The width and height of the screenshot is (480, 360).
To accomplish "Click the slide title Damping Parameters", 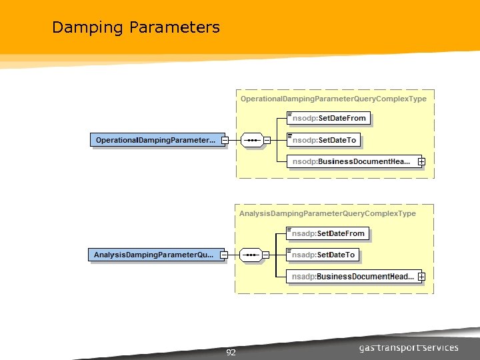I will (x=135, y=27).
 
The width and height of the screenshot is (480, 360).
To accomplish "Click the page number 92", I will (x=231, y=353).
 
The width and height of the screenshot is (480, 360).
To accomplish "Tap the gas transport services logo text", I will (x=409, y=348).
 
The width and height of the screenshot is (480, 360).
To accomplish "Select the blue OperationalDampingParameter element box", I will (x=155, y=140).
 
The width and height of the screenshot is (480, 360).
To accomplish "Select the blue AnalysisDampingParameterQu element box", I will (x=154, y=255).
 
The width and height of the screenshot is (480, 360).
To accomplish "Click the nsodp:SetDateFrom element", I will (x=329, y=119).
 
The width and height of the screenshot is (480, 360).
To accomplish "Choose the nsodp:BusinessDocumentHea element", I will (x=351, y=161).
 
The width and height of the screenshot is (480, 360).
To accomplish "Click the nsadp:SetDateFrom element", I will (x=328, y=233).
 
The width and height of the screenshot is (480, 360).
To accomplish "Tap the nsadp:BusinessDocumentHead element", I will (x=351, y=276).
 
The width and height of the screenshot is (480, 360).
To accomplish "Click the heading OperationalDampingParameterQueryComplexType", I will (x=333, y=99).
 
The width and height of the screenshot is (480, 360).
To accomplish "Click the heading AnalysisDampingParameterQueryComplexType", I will (x=327, y=213).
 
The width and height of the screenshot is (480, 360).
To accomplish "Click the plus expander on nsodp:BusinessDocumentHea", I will (x=421, y=161).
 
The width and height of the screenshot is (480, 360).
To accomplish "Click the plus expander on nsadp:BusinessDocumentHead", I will (x=421, y=276).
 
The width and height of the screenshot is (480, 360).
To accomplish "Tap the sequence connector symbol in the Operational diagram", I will (x=251, y=140).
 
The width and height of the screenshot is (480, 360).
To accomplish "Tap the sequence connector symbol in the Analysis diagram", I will (x=250, y=255).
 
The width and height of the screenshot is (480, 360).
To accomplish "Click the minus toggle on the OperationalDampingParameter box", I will (x=225, y=140).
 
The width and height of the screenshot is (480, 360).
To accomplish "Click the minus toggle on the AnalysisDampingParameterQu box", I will (x=224, y=255).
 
